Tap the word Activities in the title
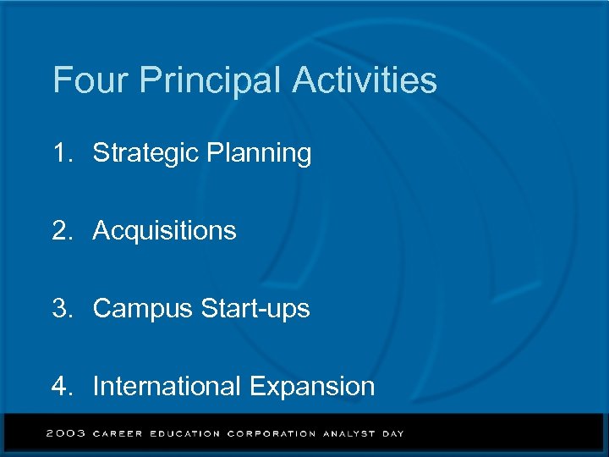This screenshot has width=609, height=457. click(365, 81)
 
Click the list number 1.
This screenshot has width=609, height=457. click(61, 153)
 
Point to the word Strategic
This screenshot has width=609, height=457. click(140, 154)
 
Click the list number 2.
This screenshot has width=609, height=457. click(62, 230)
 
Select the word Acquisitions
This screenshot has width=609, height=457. click(165, 231)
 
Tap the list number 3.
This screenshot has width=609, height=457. click(62, 309)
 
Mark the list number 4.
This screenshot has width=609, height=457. click(62, 387)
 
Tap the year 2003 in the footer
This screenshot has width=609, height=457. click(66, 433)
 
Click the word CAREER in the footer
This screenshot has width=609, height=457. click(118, 434)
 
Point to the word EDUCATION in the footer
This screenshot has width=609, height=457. click(184, 434)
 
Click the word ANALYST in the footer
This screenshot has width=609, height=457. click(349, 434)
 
